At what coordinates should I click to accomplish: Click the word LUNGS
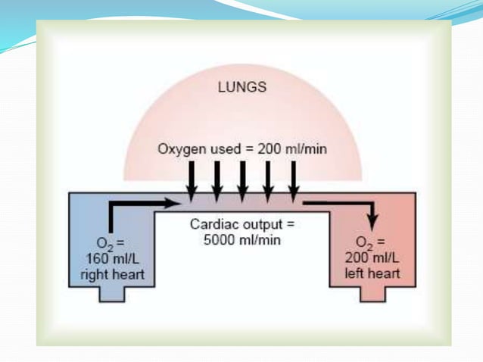tap(242, 87)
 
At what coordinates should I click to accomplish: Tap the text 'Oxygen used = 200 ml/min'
tap(242, 148)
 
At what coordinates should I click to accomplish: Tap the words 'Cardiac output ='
tap(241, 225)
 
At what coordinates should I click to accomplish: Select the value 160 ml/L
tap(111, 258)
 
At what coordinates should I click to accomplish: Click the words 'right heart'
tap(111, 273)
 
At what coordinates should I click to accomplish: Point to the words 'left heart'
tap(372, 273)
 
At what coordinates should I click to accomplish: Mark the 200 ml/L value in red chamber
tap(372, 258)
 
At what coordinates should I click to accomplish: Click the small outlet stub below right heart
tap(111, 296)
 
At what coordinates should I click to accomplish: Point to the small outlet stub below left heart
tap(372, 296)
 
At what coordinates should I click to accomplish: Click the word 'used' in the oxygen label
tap(227, 148)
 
